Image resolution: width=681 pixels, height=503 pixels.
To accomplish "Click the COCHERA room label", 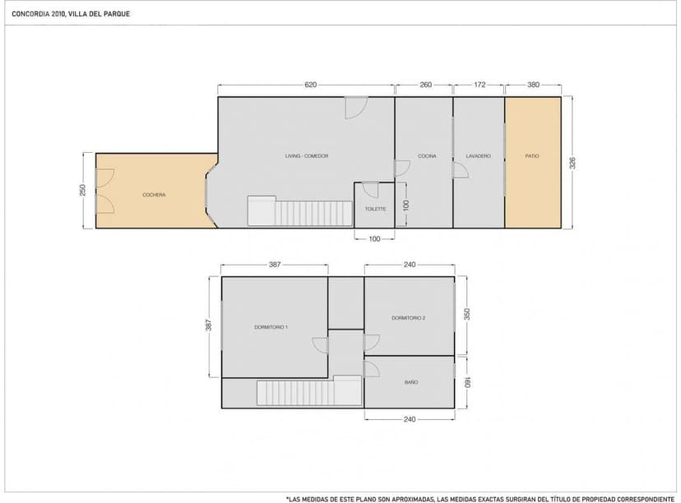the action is (x=154, y=195).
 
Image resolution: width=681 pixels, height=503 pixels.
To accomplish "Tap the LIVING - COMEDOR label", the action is (x=307, y=156).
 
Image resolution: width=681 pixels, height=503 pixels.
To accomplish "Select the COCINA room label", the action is (x=427, y=156).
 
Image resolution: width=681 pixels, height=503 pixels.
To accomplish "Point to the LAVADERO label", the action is (x=478, y=156).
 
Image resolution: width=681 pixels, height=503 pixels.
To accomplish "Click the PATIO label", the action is (x=532, y=156).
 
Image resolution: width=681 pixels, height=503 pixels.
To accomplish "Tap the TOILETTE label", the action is (x=375, y=209).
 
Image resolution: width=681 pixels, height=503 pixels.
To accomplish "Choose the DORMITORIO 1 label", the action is (x=271, y=327).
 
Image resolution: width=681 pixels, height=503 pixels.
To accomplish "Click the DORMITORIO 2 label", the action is (x=408, y=318).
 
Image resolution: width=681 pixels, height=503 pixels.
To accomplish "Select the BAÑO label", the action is (x=411, y=382).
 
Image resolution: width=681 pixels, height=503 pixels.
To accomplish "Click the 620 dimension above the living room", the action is (x=311, y=85).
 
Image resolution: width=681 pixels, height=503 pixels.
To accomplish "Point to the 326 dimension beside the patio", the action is (x=572, y=164).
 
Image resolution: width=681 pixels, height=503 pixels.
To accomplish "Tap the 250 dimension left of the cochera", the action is (x=83, y=190).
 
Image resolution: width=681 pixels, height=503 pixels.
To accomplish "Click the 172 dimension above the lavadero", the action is (x=479, y=85).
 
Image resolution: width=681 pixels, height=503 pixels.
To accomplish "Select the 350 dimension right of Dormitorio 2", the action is (x=467, y=314).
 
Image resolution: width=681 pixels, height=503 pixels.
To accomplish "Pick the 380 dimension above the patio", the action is (x=533, y=85).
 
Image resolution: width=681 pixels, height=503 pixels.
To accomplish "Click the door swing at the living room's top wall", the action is (x=356, y=108).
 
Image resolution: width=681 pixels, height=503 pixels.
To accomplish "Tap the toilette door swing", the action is (x=370, y=190).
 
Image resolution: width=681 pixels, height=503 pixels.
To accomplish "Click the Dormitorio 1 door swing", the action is (x=320, y=346).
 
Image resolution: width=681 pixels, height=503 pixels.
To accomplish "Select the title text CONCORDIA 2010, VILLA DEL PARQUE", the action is (x=71, y=14).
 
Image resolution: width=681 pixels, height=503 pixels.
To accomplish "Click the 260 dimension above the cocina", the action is (x=426, y=85).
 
